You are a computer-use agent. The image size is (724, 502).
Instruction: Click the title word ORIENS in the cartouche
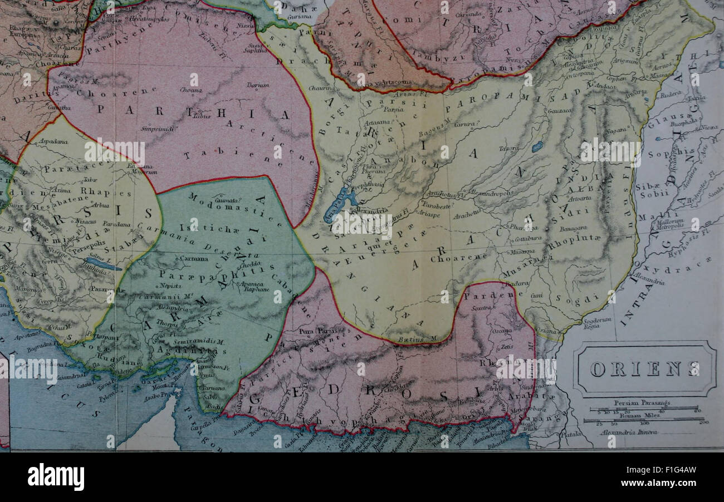[x=644, y=369]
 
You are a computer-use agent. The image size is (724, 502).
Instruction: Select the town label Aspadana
[x=53, y=142]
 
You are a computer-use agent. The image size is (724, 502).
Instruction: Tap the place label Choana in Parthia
[x=190, y=90]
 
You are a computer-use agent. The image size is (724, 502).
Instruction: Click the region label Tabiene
[x=234, y=156]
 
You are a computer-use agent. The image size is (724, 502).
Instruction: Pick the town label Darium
[x=258, y=85]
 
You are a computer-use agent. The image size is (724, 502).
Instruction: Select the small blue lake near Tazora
[x=537, y=147]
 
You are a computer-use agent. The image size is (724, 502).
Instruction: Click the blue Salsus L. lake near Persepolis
[x=102, y=264]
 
